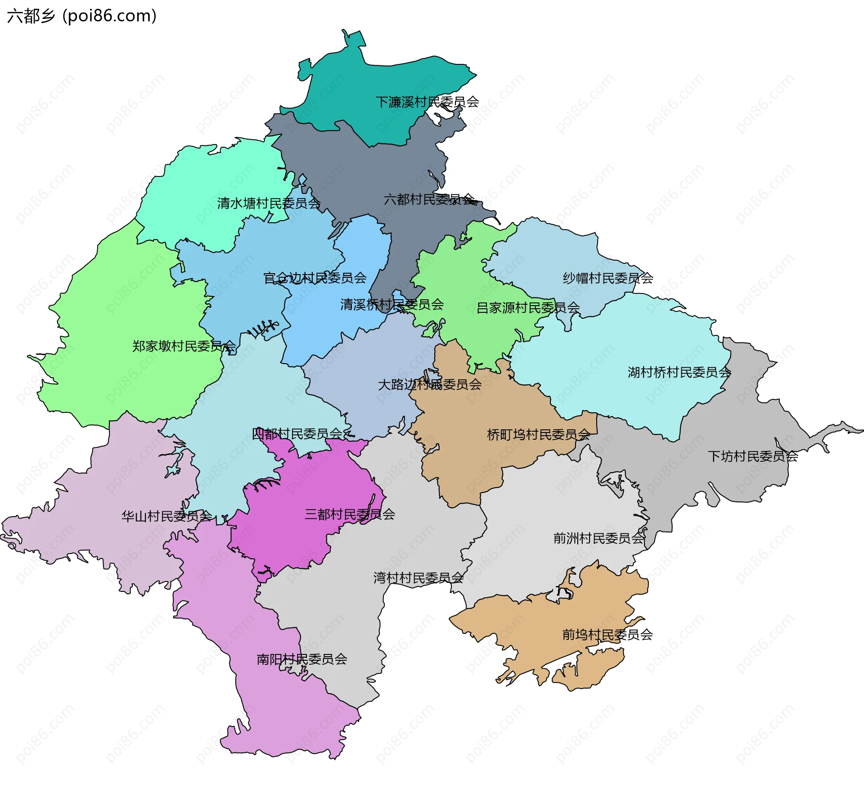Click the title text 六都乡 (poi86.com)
coord(82,16)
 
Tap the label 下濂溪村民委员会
coord(427,102)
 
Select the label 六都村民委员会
coord(429,199)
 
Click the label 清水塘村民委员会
coord(269,203)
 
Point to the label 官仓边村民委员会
coord(315,278)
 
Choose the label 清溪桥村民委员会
coord(392,305)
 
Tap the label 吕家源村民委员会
coord(528,308)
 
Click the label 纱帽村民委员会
coord(608,278)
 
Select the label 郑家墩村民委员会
coord(184,346)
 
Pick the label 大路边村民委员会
coord(430,384)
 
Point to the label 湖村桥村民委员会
coord(679,372)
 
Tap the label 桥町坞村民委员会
coord(539,435)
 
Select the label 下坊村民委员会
coord(753,456)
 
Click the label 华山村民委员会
coord(166,516)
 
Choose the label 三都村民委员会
coord(350,514)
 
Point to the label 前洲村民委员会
coord(599,538)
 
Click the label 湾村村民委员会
coord(418,578)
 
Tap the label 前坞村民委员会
coord(607,635)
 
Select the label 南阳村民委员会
coord(301,659)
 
